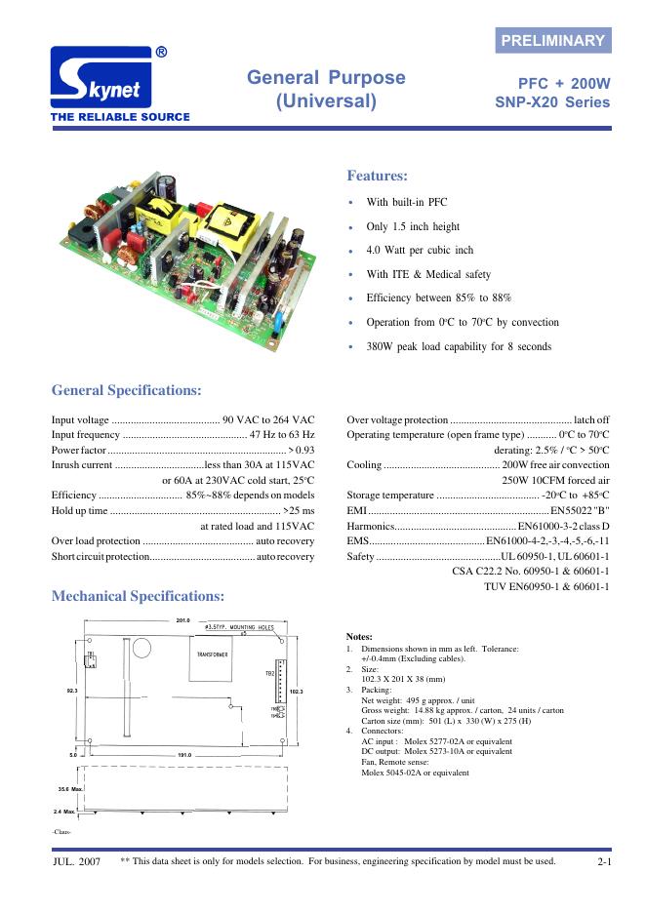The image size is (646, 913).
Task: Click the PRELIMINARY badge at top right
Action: click(552, 40)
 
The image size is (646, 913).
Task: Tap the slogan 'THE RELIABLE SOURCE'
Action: click(113, 117)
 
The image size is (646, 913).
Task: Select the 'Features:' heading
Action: click(377, 176)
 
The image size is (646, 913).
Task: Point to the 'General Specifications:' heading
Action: click(126, 390)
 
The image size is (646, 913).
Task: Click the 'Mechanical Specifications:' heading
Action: click(138, 595)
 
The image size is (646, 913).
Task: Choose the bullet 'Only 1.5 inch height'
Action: click(413, 226)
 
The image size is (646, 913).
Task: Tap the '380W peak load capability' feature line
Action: click(459, 346)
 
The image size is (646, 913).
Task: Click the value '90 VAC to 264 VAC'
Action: click(268, 419)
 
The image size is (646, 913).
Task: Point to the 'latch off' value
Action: click(591, 419)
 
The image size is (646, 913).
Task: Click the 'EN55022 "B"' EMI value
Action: click(580, 510)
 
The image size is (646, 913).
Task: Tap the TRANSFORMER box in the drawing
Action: click(213, 655)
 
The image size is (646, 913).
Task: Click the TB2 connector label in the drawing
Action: click(270, 673)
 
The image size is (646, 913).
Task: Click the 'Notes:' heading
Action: click(359, 636)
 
